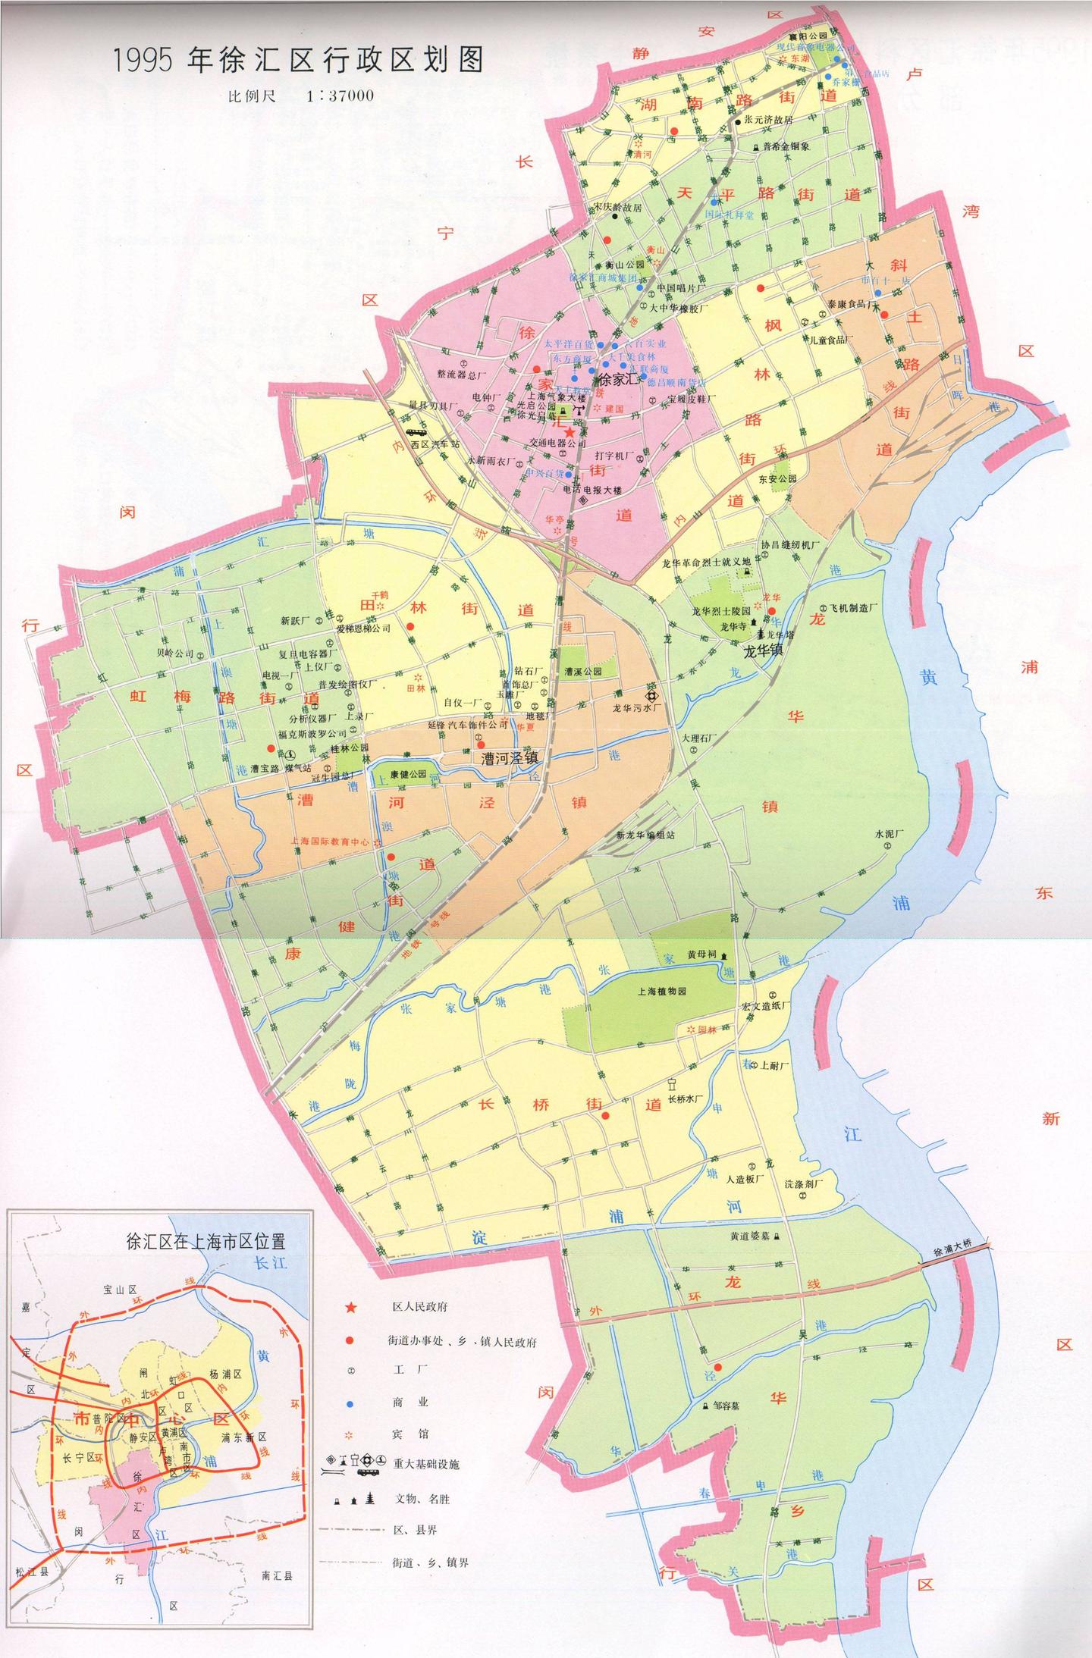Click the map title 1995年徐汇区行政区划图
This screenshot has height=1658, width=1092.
(x=297, y=61)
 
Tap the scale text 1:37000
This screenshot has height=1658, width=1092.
(x=340, y=97)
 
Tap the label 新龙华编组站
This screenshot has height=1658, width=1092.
(x=645, y=835)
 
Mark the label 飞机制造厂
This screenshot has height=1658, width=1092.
(x=852, y=608)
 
